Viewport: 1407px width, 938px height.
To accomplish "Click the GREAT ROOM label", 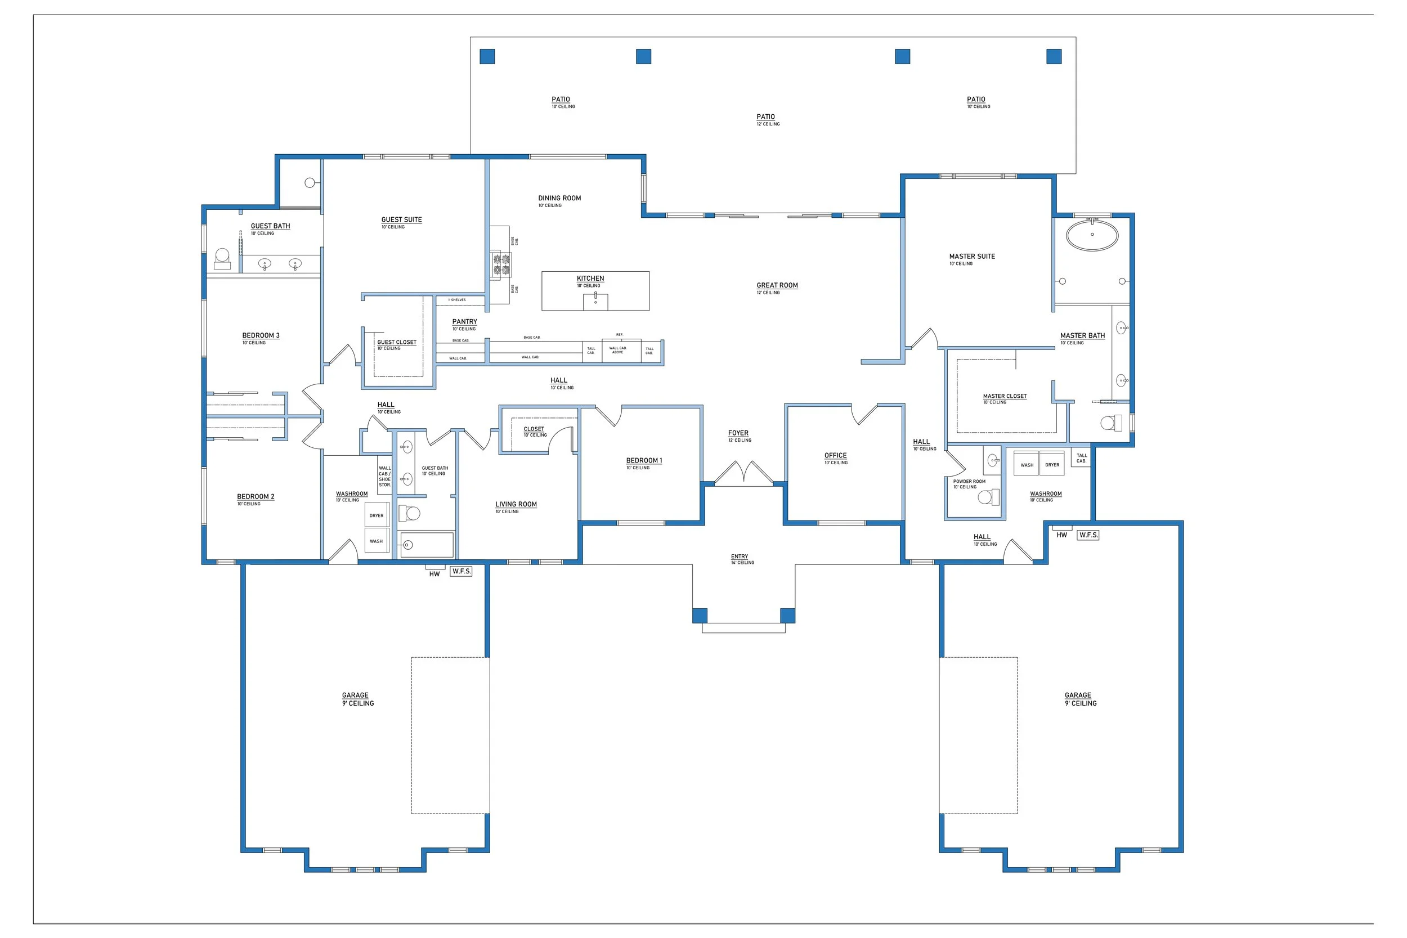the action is point(777,285).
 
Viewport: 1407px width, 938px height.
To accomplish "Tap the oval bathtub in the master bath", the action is point(1092,235).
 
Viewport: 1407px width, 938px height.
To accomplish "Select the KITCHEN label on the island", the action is point(590,278).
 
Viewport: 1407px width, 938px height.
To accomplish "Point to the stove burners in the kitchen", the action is point(501,264).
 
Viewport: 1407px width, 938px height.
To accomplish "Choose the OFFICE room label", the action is point(836,455).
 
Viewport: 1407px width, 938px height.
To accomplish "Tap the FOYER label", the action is point(738,433).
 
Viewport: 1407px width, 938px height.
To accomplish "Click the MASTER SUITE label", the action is point(972,256).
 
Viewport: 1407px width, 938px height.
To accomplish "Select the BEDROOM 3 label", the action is point(261,335).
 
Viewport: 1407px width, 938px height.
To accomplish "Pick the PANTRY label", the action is point(465,321).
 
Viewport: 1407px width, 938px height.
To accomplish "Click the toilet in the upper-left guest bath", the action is point(222,258).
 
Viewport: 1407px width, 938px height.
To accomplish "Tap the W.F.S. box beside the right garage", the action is point(1088,535).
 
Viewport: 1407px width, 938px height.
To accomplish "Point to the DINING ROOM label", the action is point(559,198).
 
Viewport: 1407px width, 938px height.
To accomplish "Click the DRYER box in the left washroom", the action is point(377,515).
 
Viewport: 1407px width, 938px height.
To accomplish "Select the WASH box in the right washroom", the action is point(1027,464).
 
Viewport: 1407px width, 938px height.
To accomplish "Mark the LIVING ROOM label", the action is point(516,504).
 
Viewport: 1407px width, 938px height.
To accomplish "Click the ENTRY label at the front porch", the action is point(740,556).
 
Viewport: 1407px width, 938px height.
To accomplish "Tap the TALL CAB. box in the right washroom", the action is point(1082,457).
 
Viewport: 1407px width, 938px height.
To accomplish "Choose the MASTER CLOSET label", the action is point(1005,396).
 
